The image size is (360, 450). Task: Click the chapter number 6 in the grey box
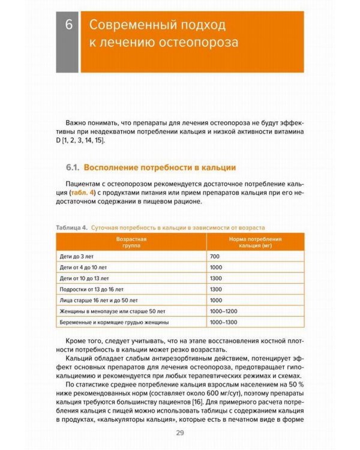tap(68, 26)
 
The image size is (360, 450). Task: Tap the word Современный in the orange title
tap(123, 26)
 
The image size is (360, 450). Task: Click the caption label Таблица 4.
tap(71, 228)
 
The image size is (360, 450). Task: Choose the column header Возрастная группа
tap(131, 242)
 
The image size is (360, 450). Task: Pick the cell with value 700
tap(216, 256)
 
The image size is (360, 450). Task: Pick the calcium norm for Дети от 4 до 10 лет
tap(217, 267)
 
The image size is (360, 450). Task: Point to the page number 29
tap(179, 433)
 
